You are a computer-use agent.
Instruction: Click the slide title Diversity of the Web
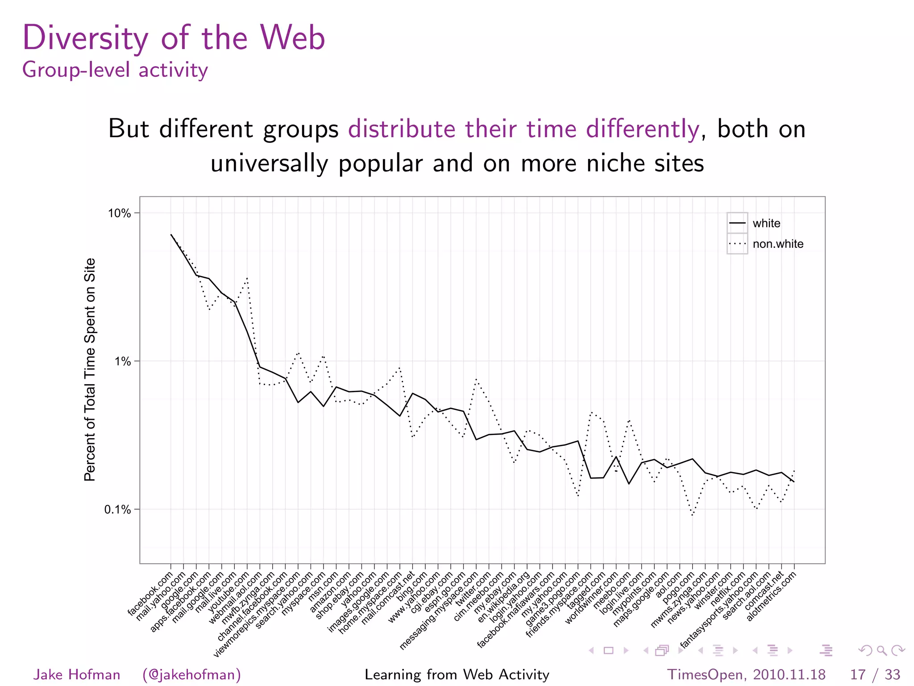click(x=174, y=38)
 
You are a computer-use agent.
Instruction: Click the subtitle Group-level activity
click(x=115, y=70)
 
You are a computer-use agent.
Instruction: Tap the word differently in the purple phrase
click(x=642, y=129)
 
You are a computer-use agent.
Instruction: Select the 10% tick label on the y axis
click(x=119, y=213)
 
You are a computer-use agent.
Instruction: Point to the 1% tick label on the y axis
click(x=123, y=361)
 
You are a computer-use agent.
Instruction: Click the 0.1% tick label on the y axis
click(x=118, y=510)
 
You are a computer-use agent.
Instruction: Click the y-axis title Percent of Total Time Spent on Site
click(x=90, y=369)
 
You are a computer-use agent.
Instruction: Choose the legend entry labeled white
click(x=766, y=223)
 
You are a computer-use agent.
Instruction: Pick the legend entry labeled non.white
click(x=777, y=244)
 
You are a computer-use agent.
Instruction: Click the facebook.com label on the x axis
click(x=150, y=594)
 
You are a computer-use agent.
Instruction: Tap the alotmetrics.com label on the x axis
click(x=771, y=597)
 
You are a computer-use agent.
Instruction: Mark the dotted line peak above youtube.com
click(x=247, y=278)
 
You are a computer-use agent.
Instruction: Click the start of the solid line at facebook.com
click(x=171, y=234)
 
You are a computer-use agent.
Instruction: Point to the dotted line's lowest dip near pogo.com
click(x=692, y=515)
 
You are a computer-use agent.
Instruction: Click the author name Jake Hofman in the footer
click(x=77, y=674)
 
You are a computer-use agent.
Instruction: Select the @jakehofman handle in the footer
click(x=191, y=674)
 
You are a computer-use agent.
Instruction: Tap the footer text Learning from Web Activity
click(x=457, y=674)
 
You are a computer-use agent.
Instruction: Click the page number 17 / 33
click(x=875, y=674)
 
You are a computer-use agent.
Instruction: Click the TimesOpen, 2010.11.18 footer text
click(x=746, y=674)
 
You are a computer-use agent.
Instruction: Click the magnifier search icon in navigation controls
click(x=882, y=650)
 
